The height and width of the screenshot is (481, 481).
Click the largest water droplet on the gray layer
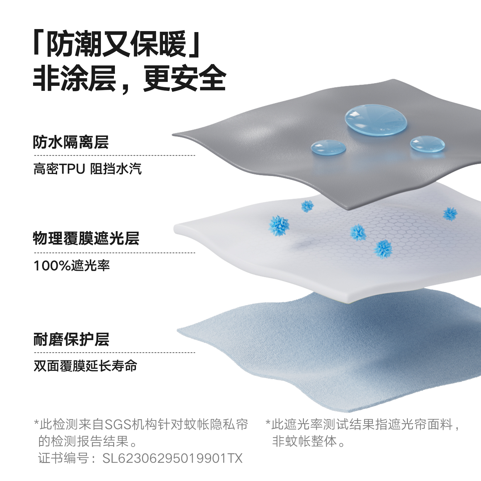(x=376, y=120)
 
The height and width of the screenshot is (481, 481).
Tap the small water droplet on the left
(x=328, y=147)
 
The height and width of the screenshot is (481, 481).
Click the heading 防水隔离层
(x=71, y=142)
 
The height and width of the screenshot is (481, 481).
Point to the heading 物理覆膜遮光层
(x=86, y=238)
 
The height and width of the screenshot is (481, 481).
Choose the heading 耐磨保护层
(x=71, y=339)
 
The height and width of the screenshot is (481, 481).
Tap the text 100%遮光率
(x=71, y=266)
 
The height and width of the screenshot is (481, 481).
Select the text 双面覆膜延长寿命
(x=86, y=366)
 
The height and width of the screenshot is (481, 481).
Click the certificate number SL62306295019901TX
(x=172, y=458)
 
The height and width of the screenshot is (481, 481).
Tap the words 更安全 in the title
(x=185, y=78)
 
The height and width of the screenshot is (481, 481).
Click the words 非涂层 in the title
(x=74, y=78)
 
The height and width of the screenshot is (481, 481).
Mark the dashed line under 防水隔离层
(x=114, y=155)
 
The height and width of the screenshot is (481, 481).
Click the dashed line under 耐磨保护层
(x=114, y=352)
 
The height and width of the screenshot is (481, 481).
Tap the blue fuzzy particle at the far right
(x=450, y=214)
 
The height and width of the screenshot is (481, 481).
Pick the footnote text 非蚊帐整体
(x=304, y=441)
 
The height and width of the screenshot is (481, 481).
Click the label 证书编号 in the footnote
(x=63, y=458)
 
